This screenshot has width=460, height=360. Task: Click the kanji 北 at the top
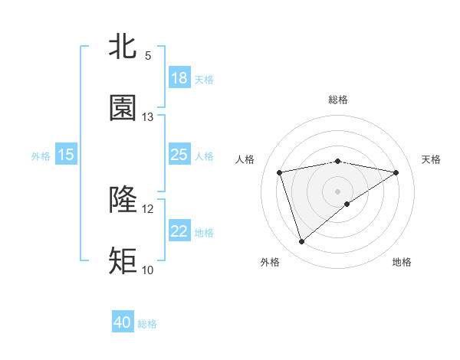pos(123,47)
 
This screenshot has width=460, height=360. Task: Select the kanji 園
pos(123,108)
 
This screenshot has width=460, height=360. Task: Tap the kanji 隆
pos(123,200)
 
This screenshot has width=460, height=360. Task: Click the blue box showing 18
pos(179,78)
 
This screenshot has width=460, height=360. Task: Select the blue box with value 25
pos(179,155)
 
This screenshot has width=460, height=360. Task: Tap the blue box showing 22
pos(179,231)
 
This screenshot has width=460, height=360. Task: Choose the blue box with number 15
pos(66,155)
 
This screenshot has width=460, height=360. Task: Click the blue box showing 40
pos(123,322)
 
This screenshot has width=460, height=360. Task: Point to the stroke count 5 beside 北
pos(148,56)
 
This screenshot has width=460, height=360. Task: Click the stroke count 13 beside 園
pos(148,117)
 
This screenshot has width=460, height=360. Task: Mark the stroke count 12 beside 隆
pos(148,208)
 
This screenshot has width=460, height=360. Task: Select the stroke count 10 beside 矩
pos(148,270)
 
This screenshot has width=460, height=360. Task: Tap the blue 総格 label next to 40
pos(147,324)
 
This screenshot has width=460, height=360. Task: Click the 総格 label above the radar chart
pos(338,100)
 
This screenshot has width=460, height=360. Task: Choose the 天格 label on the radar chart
pos(432,159)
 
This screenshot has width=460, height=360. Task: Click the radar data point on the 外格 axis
pos(301,242)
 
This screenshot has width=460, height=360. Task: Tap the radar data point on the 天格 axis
pos(396,172)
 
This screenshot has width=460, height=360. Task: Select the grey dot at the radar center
pos(338,191)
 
